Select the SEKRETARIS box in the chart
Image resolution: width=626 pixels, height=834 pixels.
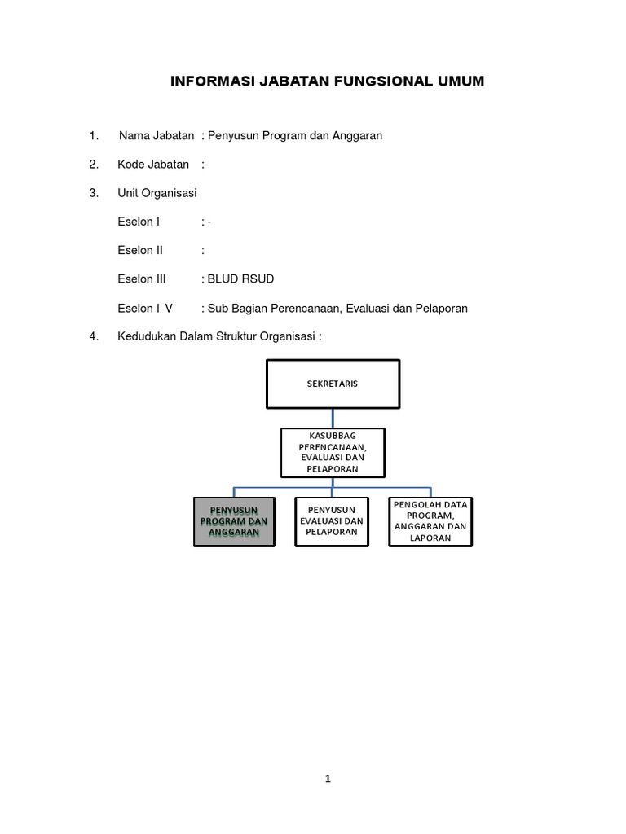[x=333, y=384]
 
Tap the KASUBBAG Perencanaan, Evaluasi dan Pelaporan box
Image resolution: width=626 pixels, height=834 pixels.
[x=333, y=453]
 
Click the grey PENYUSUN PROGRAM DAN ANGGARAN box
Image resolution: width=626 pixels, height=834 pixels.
[x=234, y=521]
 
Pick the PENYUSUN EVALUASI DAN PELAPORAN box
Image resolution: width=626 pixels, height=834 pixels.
[x=331, y=521]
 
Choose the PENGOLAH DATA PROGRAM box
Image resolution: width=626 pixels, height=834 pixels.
[x=430, y=521]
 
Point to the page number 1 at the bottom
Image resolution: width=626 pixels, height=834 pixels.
[x=328, y=779]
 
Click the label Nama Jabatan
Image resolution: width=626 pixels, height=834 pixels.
[x=156, y=135]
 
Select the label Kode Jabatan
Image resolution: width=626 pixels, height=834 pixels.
[x=153, y=165]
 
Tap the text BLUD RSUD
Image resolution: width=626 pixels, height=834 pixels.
[x=240, y=279]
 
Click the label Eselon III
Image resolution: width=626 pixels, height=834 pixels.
[x=141, y=279]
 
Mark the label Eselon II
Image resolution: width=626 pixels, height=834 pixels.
[x=140, y=250]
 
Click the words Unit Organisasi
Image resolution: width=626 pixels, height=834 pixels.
[x=157, y=193]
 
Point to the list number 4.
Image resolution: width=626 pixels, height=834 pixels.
[x=94, y=337]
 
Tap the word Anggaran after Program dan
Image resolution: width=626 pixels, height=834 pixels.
[x=355, y=135]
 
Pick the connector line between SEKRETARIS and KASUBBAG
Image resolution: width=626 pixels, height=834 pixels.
[x=333, y=418]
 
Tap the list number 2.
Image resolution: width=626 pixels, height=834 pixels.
[x=94, y=165]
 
